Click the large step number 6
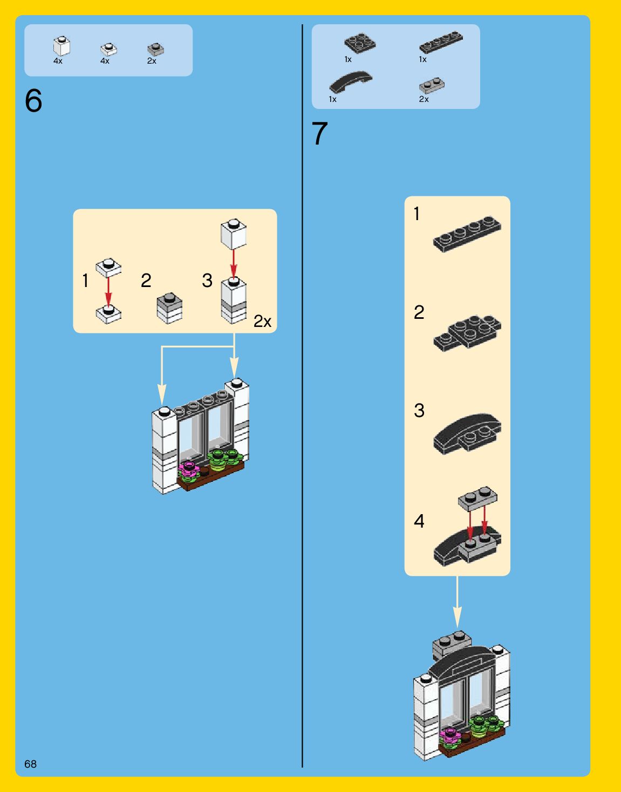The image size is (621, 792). coord(33,101)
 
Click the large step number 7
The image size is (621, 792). coord(320,134)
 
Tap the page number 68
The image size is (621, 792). coord(30,763)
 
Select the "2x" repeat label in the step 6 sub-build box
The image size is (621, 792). coord(262,322)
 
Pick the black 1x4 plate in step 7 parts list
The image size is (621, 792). coord(441,42)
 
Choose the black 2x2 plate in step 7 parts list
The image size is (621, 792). coord(360,43)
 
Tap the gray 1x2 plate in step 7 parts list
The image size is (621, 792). coord(432,85)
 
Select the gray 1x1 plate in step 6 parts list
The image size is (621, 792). coord(155,50)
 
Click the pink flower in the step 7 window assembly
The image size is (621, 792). coord(449,735)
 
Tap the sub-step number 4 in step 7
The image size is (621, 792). coord(419,521)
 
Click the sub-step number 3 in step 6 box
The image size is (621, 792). coord(207,281)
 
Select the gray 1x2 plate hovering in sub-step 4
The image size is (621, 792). coord(477,499)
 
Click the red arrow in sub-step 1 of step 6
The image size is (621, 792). coord(108,291)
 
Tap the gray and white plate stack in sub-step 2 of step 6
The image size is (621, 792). coord(169,308)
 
